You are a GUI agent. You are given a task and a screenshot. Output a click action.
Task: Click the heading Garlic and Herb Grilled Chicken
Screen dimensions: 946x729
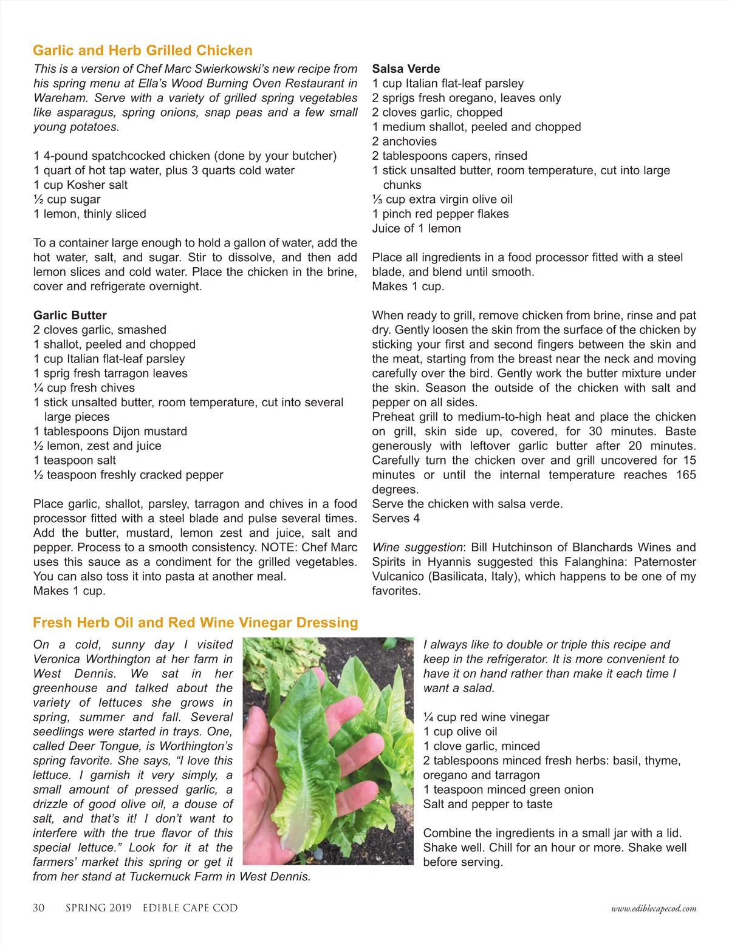(142, 50)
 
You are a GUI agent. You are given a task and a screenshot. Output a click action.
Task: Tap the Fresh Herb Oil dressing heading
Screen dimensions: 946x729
(195, 622)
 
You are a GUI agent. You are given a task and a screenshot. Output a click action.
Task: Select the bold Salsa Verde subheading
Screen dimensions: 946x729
(406, 69)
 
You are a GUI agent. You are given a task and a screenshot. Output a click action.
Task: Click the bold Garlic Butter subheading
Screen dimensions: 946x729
(70, 315)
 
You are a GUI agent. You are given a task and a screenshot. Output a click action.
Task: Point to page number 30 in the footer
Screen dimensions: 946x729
(38, 908)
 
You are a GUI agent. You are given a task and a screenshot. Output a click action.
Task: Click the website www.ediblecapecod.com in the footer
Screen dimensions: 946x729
(654, 909)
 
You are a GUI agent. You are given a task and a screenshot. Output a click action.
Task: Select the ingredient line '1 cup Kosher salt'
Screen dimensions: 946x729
(80, 185)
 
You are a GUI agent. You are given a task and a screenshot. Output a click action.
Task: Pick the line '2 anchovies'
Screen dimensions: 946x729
(404, 141)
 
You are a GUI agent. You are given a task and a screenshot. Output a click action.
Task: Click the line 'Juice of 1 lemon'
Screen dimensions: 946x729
(416, 228)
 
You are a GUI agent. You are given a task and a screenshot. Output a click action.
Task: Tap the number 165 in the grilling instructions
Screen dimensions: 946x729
(686, 475)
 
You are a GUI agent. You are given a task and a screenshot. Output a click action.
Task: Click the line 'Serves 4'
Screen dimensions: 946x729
(395, 518)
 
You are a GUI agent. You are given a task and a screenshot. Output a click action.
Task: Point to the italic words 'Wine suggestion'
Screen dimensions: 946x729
(417, 547)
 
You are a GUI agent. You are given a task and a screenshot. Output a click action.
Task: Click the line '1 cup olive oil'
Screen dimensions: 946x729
(460, 731)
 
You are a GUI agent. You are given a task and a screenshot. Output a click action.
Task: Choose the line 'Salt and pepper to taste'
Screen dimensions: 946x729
(488, 804)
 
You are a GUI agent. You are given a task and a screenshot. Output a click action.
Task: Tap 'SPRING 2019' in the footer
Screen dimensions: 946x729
(98, 908)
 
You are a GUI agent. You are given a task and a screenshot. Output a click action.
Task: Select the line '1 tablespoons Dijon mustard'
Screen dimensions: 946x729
(110, 431)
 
